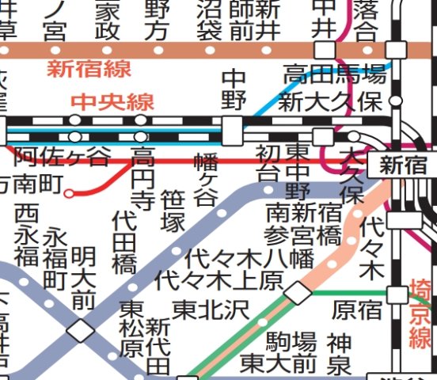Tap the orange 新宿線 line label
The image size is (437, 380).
(89, 69)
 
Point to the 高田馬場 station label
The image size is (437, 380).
(335, 76)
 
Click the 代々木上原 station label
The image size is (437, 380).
(219, 279)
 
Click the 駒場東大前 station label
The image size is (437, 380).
(279, 353)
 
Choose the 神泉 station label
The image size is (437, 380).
(339, 353)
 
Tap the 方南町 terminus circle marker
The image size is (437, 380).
(69, 192)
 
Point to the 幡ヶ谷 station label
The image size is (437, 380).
(205, 180)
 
